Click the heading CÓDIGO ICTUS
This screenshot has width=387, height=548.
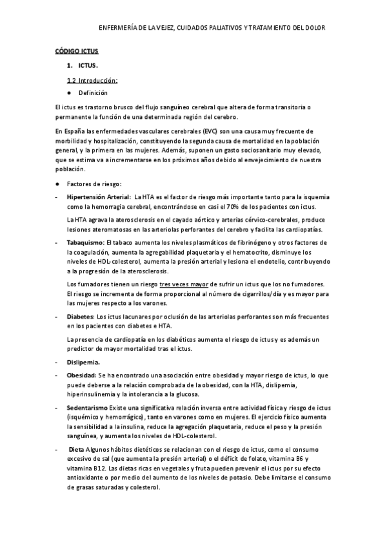(75, 50)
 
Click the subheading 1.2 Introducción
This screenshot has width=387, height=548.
(92, 81)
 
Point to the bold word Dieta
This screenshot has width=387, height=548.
(76, 449)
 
